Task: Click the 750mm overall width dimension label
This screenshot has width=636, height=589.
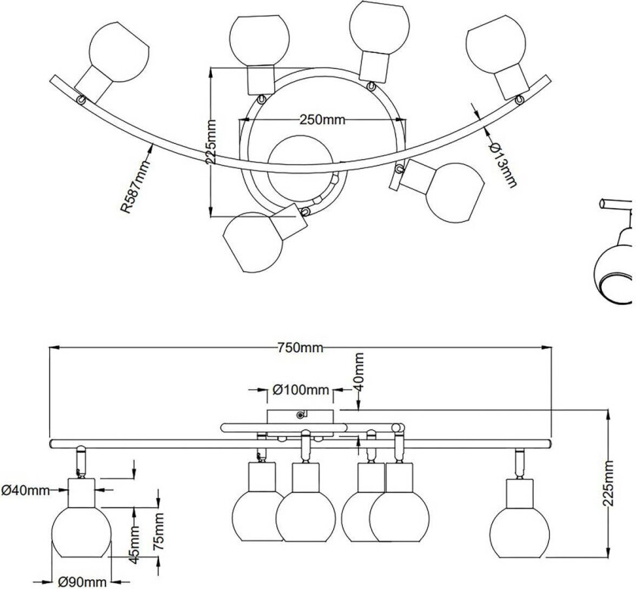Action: pyautogui.click(x=301, y=347)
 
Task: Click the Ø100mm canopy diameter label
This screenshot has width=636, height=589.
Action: pyautogui.click(x=301, y=390)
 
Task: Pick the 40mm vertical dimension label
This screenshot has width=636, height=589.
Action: pyautogui.click(x=359, y=372)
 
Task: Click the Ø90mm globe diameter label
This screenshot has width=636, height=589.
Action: pyautogui.click(x=83, y=581)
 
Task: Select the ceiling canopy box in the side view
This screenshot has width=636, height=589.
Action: pyautogui.click(x=301, y=416)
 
